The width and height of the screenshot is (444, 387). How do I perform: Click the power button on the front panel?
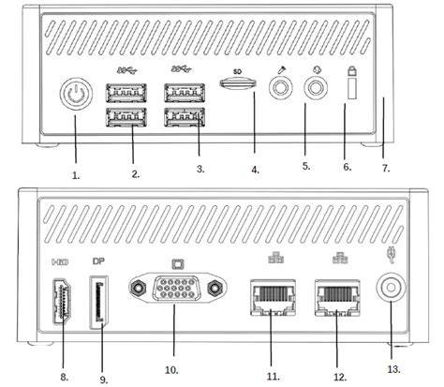(74, 97)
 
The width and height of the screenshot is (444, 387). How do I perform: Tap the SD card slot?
(238, 83)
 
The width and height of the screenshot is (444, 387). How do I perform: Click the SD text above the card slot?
(238, 68)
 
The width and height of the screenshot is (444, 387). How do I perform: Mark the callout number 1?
(76, 174)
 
